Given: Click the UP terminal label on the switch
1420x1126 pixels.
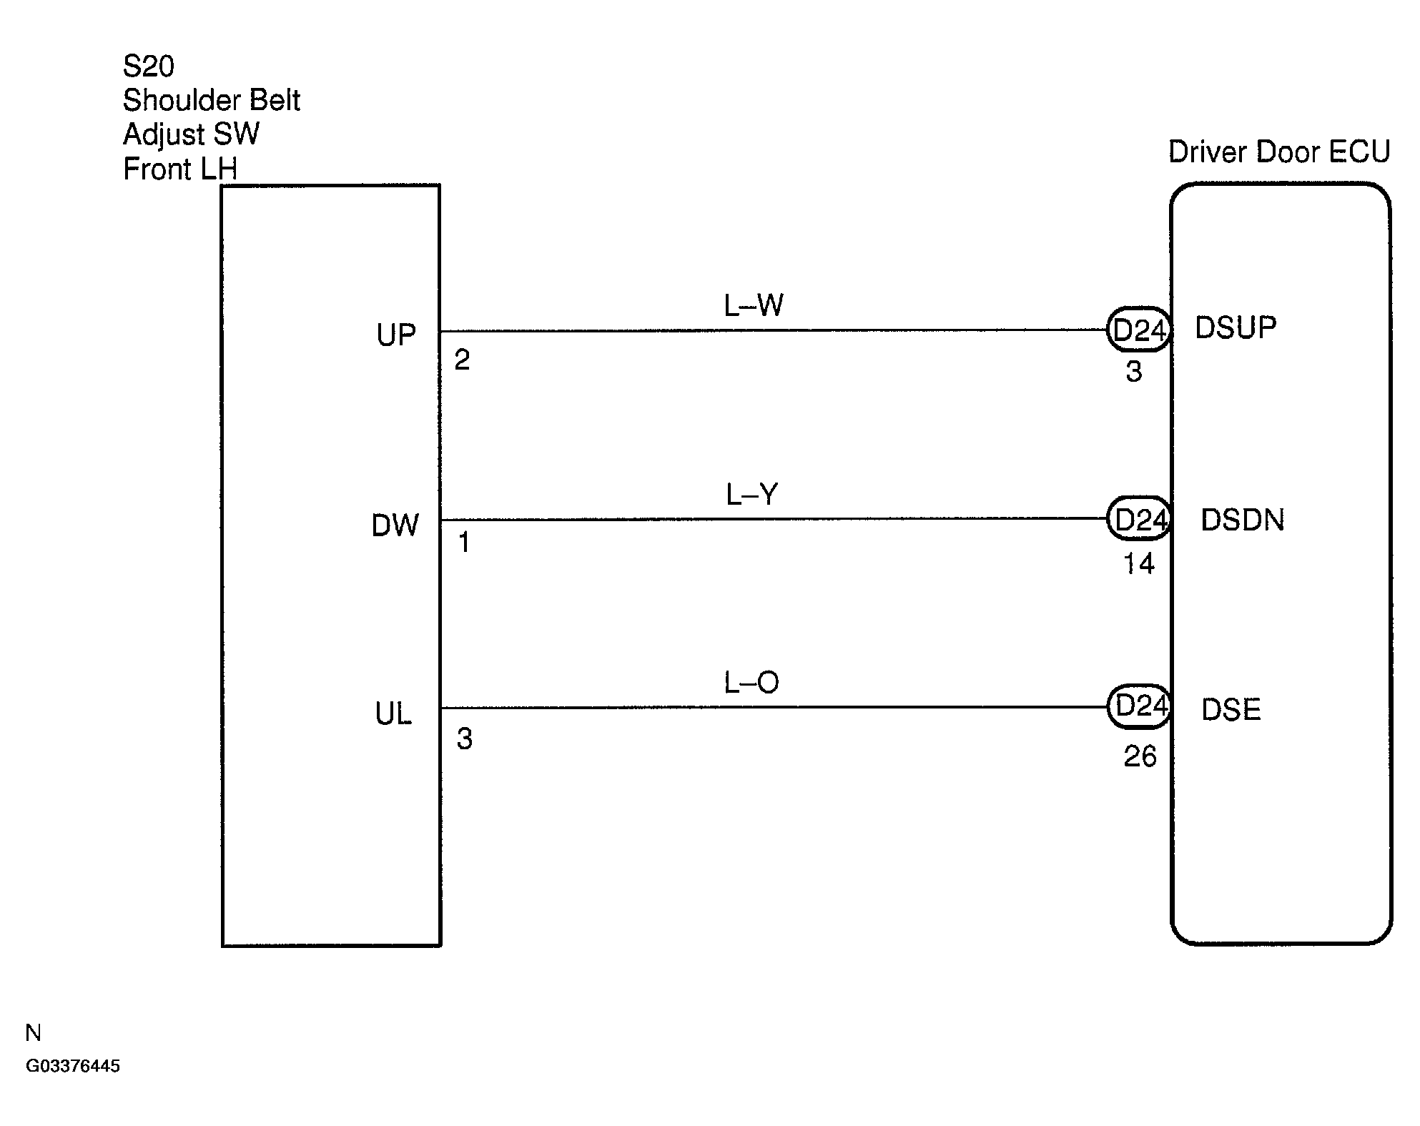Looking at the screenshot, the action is point(396,335).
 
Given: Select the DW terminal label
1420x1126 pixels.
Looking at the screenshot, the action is point(395,525).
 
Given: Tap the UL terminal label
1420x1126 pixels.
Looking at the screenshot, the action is point(393,713).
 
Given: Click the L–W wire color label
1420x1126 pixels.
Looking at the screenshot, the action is point(754,305).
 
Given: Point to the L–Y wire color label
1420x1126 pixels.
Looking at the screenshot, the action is point(752,494).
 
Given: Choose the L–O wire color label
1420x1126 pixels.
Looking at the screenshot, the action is point(751,683).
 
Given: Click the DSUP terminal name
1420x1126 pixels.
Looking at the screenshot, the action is point(1236,327).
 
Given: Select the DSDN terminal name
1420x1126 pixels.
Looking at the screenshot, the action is point(1243,520).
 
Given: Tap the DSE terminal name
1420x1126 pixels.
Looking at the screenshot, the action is point(1231,709).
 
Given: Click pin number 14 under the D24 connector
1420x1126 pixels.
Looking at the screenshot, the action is point(1138,564).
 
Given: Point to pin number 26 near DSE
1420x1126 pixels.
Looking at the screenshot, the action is point(1140,756).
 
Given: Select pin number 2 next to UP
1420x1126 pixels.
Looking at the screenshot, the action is point(462,360).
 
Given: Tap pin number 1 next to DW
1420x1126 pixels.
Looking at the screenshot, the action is point(464,543).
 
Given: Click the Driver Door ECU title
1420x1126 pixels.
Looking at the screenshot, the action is point(1279,152).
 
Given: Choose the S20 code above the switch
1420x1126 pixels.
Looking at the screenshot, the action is point(149,66).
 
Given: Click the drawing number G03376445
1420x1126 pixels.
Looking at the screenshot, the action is point(73,1066).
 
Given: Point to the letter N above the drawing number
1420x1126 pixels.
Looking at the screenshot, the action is point(33,1032).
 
